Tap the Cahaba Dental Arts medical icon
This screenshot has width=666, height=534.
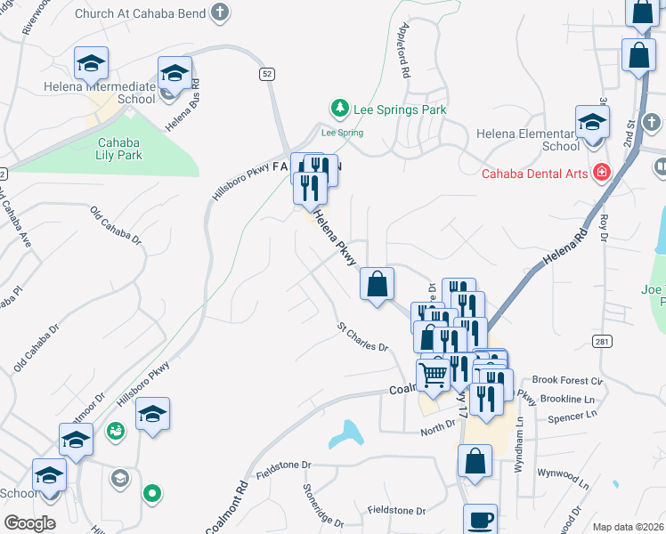603,173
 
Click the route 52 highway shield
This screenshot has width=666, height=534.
267,74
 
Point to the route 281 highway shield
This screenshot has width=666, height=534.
600,340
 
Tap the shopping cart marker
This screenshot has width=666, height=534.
434,375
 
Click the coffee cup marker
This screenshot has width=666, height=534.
480,520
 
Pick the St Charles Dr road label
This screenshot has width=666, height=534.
362,337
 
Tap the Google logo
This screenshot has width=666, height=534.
28,522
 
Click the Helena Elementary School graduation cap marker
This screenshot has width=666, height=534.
592,123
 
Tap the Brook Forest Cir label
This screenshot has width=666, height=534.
568,380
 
